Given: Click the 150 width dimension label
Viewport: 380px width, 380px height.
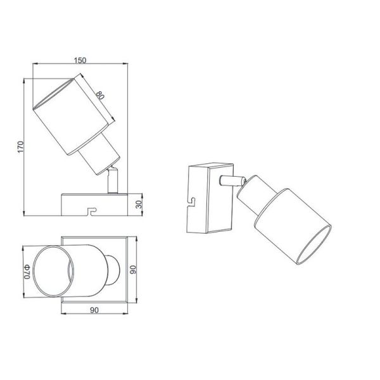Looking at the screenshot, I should coord(79,60).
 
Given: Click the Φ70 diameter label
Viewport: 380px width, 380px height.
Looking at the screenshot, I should coord(27,272).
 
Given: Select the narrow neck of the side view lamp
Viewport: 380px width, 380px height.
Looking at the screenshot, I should coord(96,156).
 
